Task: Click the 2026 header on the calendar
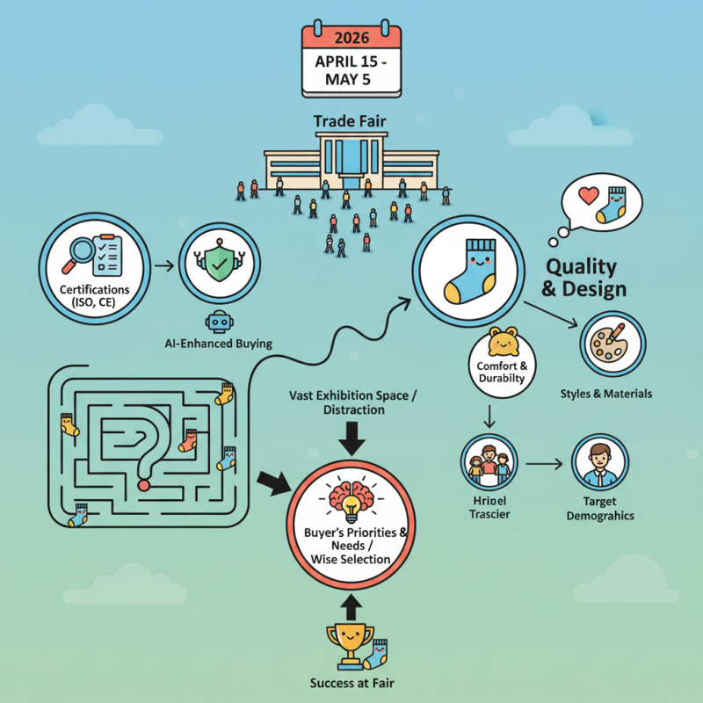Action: tap(351, 38)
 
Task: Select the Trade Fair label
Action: tap(351, 120)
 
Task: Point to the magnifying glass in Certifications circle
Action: tap(82, 252)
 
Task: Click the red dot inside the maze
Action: tap(143, 484)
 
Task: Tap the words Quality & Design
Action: tap(586, 278)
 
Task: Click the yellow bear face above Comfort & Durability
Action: tap(504, 340)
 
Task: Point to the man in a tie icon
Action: tap(600, 463)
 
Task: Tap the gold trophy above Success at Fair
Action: tap(349, 644)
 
